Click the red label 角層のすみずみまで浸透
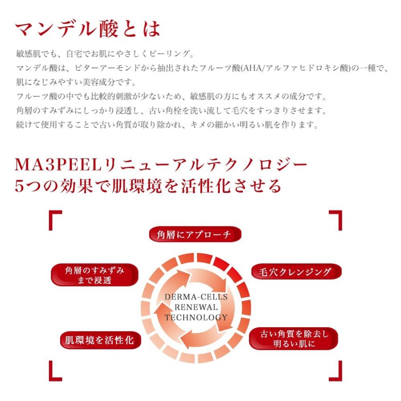[x=94, y=275]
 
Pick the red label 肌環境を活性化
[x=96, y=341]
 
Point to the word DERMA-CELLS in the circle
[x=196, y=297]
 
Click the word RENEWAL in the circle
[x=196, y=307]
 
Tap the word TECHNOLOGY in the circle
[x=196, y=318]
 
